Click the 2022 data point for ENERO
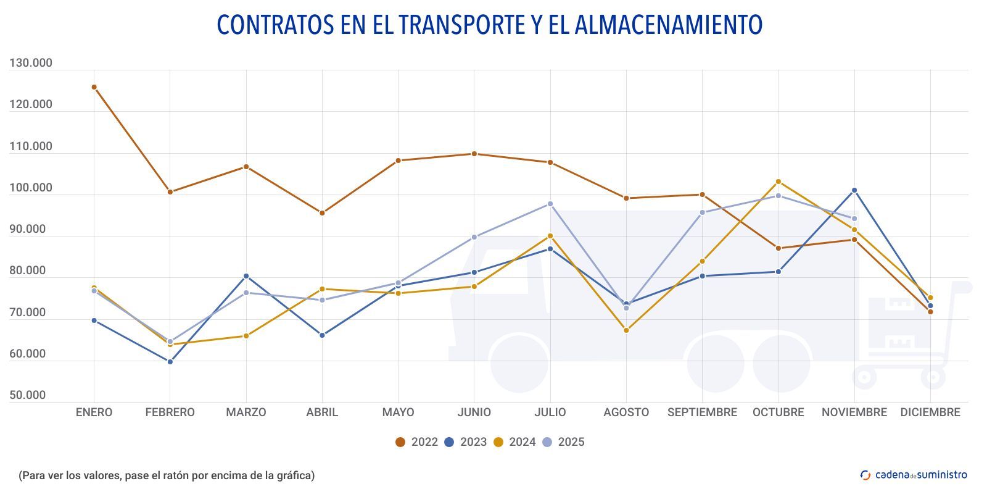click(94, 87)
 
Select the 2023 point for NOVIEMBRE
click(854, 190)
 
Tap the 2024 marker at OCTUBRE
click(778, 182)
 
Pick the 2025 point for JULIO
click(550, 204)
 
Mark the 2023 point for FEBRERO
click(170, 362)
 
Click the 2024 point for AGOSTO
click(626, 330)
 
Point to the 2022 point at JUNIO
click(474, 154)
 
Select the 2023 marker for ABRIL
click(322, 335)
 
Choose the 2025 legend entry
click(563, 442)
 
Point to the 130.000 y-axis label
click(31, 63)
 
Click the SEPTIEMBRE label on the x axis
click(702, 412)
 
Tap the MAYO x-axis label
click(398, 412)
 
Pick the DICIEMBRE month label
click(930, 412)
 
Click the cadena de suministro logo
click(914, 475)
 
